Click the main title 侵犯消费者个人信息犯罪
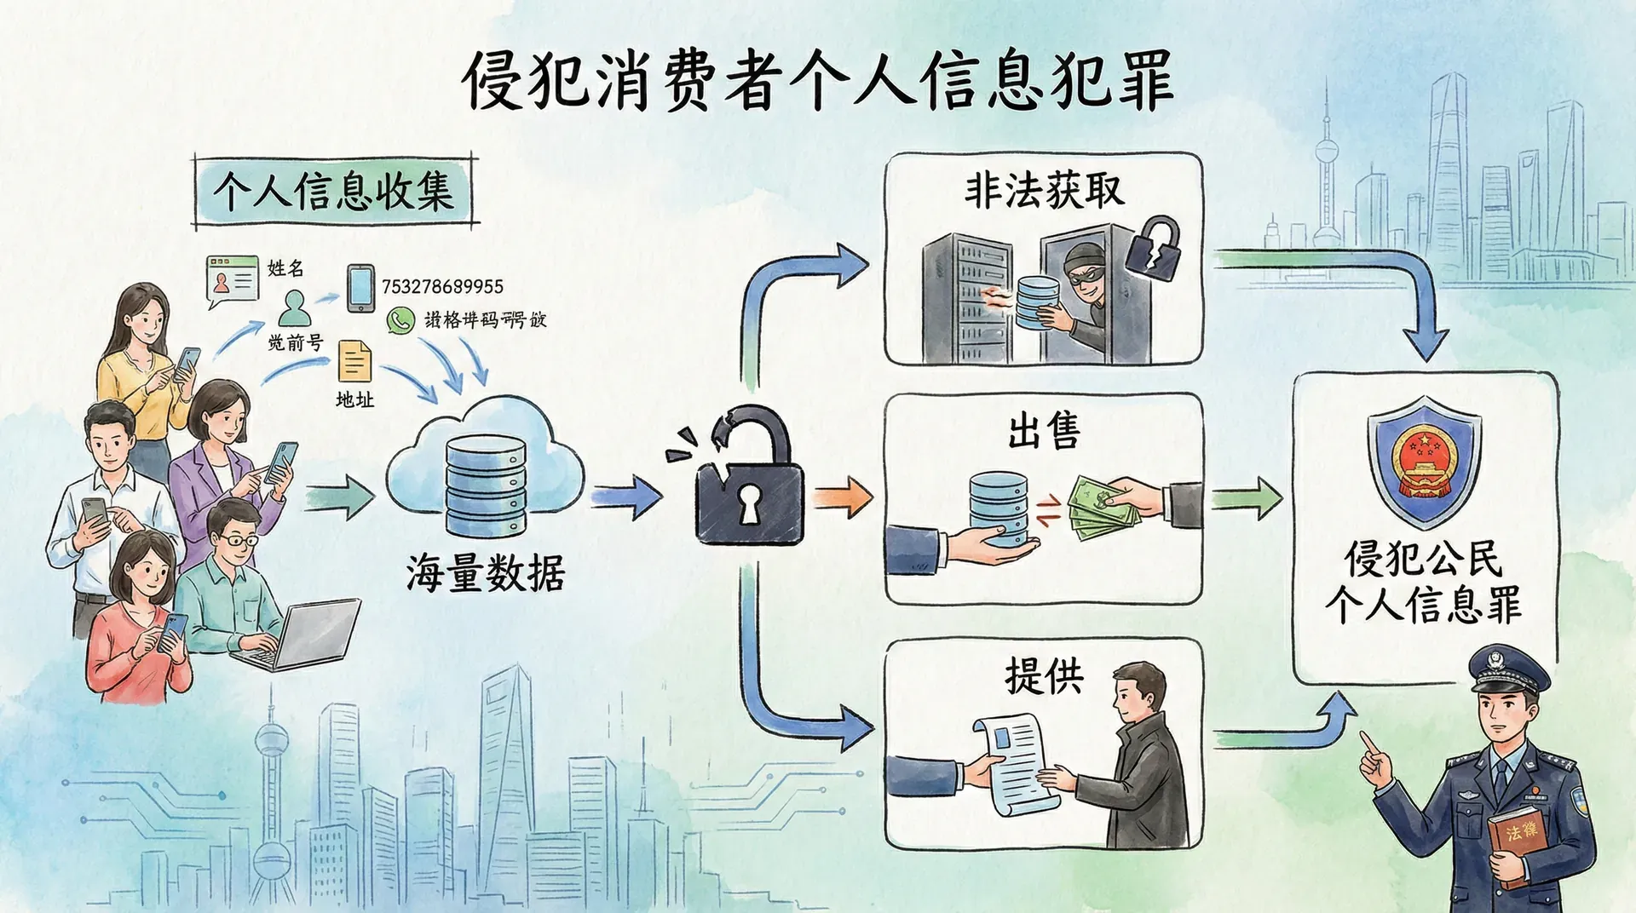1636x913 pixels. pyautogui.click(x=818, y=81)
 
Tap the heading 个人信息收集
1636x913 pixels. pyautogui.click(x=333, y=191)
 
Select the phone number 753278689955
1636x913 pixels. pyautogui.click(x=442, y=286)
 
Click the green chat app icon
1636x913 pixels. pyautogui.click(x=400, y=319)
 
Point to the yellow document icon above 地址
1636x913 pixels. pyautogui.click(x=354, y=361)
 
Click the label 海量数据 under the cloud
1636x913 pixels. pyautogui.click(x=485, y=572)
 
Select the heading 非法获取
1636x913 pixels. pyautogui.click(x=1044, y=191)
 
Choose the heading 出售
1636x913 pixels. pyautogui.click(x=1044, y=429)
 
